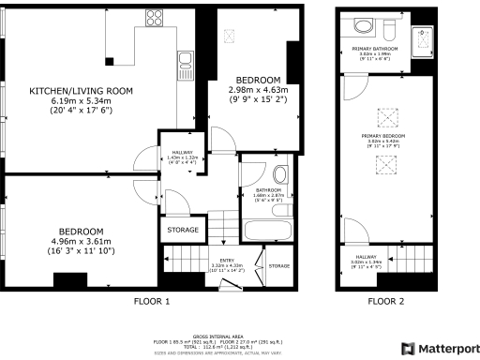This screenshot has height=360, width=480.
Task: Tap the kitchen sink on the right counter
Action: coord(186,64)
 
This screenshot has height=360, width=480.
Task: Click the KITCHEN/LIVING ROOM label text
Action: coord(81,91)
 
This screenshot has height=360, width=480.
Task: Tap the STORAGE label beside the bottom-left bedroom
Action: coord(183,230)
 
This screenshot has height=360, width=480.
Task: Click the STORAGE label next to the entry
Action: coord(279,267)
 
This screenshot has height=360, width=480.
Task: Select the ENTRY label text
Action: coord(228,261)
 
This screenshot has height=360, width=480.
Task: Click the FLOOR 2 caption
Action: coord(386,302)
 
